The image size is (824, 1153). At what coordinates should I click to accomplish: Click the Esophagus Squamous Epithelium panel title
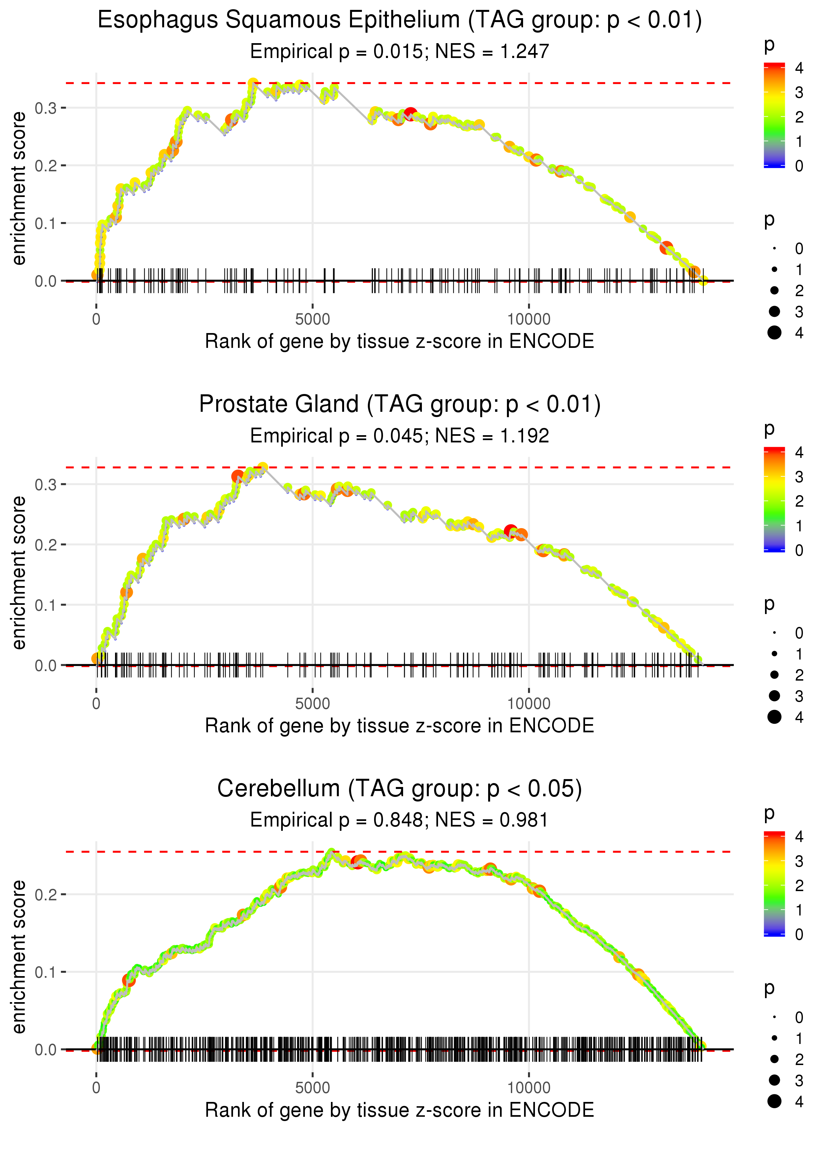pos(399,20)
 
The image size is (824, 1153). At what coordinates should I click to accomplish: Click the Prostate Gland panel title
pos(399,404)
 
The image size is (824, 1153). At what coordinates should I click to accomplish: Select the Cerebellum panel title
pos(399,788)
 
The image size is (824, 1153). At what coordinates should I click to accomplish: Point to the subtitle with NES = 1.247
pos(399,51)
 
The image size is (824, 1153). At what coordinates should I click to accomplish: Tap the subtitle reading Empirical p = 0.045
pos(399,436)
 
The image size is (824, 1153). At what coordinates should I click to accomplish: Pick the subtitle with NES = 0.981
pos(399,820)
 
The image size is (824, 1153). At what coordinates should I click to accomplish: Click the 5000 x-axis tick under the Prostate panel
pos(312,703)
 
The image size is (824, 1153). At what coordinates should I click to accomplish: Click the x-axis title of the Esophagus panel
pos(399,341)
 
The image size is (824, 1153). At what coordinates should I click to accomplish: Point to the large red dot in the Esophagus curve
pos(410,113)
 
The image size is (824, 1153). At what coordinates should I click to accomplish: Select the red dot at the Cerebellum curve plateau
pos(358,862)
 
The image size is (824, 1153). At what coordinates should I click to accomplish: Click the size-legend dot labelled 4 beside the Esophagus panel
pos(774,333)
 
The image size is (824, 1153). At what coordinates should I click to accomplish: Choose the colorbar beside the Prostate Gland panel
pos(774,499)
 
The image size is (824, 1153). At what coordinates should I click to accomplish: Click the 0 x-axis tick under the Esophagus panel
pos(96,320)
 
